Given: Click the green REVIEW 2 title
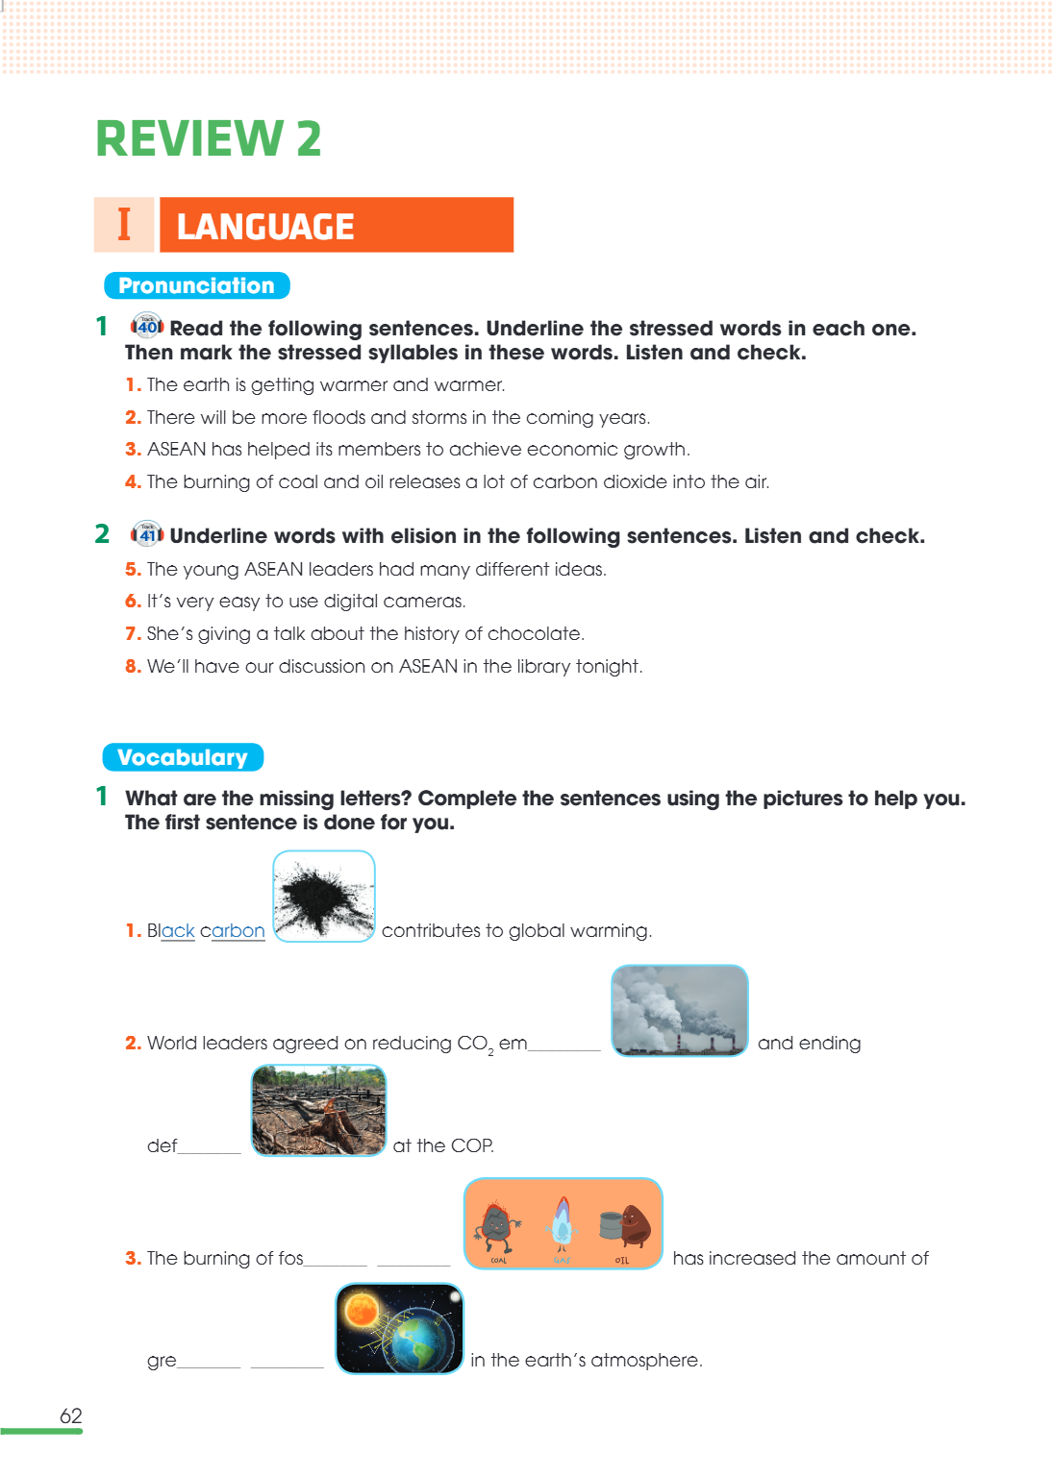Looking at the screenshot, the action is tap(209, 138).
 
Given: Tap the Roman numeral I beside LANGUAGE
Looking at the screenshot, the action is tap(124, 224).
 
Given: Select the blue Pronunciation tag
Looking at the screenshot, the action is tap(196, 285).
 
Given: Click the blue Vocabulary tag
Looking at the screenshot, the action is tap(183, 757).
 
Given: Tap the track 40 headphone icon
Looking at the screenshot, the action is tap(147, 326).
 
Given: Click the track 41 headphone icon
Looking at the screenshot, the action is tap(147, 533).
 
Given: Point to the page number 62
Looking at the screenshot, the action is tap(70, 1415).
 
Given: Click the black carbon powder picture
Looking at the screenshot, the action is tap(324, 897).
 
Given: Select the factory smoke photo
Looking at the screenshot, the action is tap(679, 1010).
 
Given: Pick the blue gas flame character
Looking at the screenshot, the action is tap(562, 1223).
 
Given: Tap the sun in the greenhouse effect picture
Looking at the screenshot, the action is tap(362, 1308).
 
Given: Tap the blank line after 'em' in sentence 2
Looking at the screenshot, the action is tap(564, 1049).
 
